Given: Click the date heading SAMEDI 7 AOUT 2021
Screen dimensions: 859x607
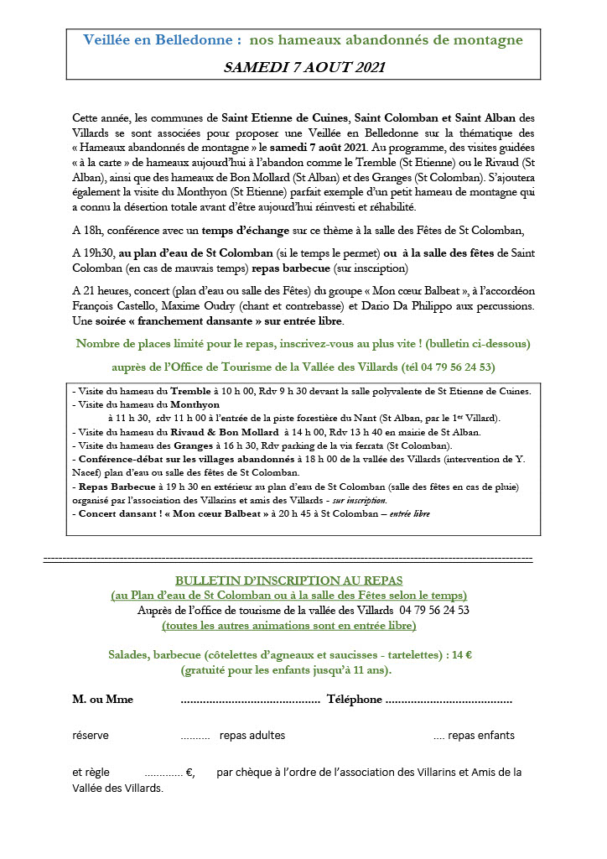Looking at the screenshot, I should pyautogui.click(x=304, y=66).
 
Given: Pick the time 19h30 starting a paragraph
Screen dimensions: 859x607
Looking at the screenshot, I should pyautogui.click(x=97, y=253).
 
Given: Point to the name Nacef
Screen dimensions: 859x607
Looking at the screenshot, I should pyautogui.click(x=91, y=472).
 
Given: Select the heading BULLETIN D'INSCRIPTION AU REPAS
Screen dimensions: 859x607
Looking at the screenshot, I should pyautogui.click(x=288, y=580).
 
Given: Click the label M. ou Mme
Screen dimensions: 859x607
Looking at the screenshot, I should pyautogui.click(x=102, y=700).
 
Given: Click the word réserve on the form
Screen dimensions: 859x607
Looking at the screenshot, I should pyautogui.click(x=91, y=736).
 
